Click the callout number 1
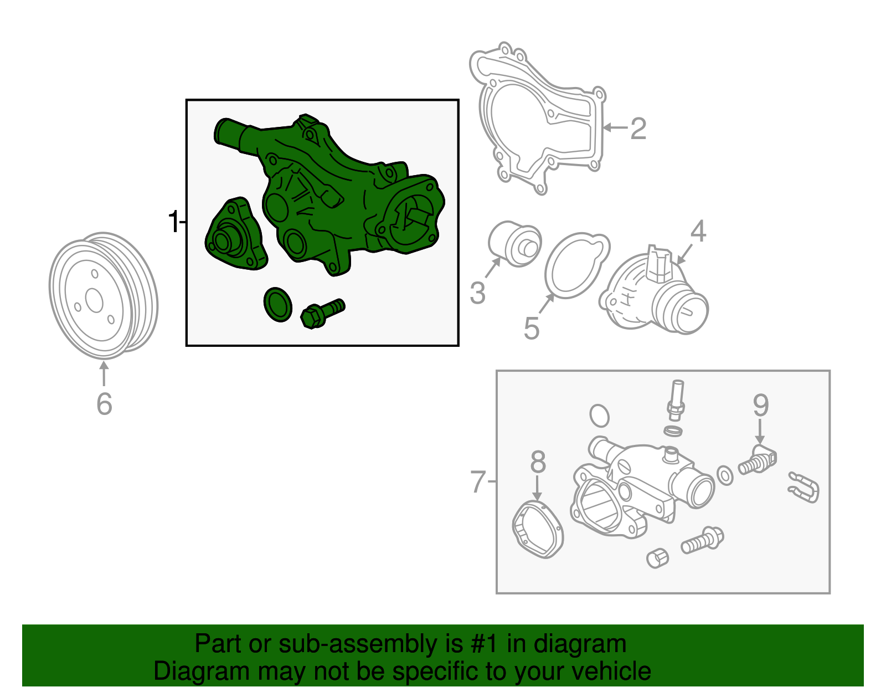coord(174,222)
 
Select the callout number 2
coord(638,129)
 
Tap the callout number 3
coord(477,293)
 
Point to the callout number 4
coord(698,231)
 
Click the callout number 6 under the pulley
coord(104,404)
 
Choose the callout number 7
coord(478,481)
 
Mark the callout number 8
coord(538,462)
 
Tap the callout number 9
coord(761,405)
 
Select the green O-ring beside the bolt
coord(278,305)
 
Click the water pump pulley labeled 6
coord(103,296)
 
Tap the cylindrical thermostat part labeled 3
coord(514,244)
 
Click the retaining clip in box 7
coord(803,488)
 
